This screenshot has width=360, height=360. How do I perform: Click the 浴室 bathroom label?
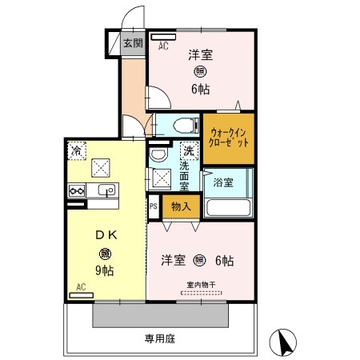click(x=223, y=182)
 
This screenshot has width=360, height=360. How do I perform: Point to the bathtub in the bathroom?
click(x=229, y=206)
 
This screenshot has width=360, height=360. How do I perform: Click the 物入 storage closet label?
click(x=181, y=206)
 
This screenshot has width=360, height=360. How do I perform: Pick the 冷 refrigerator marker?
click(x=77, y=150)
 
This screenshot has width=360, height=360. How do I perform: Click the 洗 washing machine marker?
click(x=189, y=150)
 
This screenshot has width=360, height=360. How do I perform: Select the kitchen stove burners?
click(x=78, y=190)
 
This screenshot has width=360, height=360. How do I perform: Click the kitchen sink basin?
click(x=106, y=190)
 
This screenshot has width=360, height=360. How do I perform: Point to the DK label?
click(x=106, y=235)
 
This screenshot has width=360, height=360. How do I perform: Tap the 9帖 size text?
click(x=106, y=270)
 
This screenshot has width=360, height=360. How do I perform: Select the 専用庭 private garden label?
click(x=160, y=338)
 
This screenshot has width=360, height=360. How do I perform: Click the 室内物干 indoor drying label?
click(x=201, y=283)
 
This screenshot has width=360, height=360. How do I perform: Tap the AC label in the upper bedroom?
click(x=163, y=46)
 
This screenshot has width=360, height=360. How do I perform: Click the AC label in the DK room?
click(x=81, y=286)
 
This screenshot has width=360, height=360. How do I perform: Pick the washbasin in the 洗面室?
click(x=157, y=154)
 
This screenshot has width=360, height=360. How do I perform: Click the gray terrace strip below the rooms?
click(x=160, y=316)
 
